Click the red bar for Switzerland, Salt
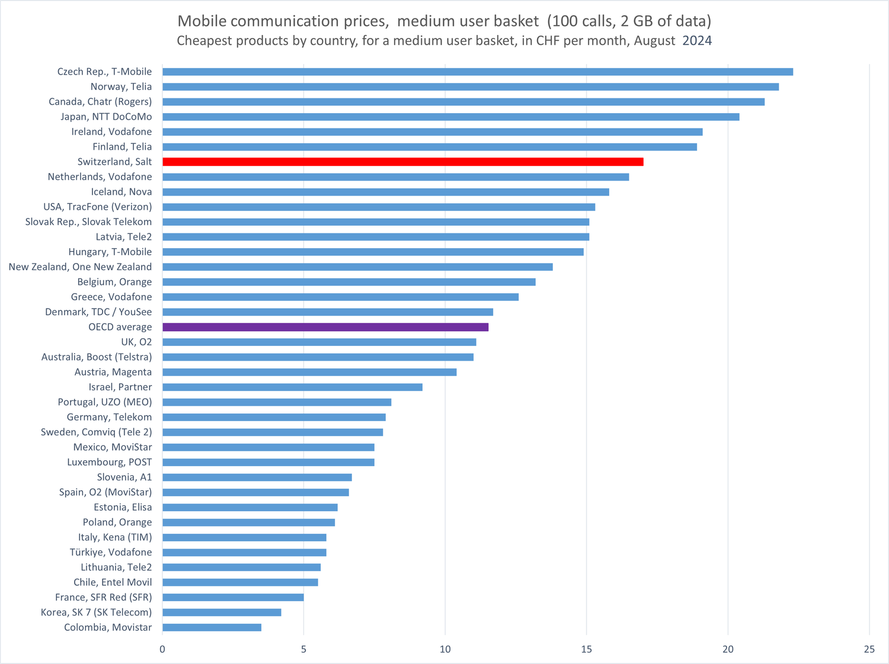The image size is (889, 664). (x=403, y=162)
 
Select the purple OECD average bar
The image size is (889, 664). (x=325, y=327)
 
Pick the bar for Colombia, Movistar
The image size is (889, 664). (x=212, y=627)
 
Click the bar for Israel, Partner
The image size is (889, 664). (x=292, y=387)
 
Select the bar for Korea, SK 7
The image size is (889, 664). (x=222, y=612)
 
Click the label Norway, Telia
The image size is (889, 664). (x=121, y=86)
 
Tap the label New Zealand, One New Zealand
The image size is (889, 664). (x=80, y=267)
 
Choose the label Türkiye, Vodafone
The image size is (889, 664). (x=111, y=552)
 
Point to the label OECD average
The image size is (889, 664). (x=120, y=327)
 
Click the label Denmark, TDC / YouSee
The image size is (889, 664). (x=98, y=312)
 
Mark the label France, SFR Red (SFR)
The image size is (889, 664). (x=103, y=597)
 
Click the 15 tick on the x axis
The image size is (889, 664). (x=586, y=649)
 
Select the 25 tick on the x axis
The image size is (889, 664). (x=869, y=649)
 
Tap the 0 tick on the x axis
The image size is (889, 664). (x=162, y=649)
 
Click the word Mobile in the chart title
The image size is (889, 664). (x=202, y=21)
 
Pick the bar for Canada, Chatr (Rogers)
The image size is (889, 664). (x=463, y=102)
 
